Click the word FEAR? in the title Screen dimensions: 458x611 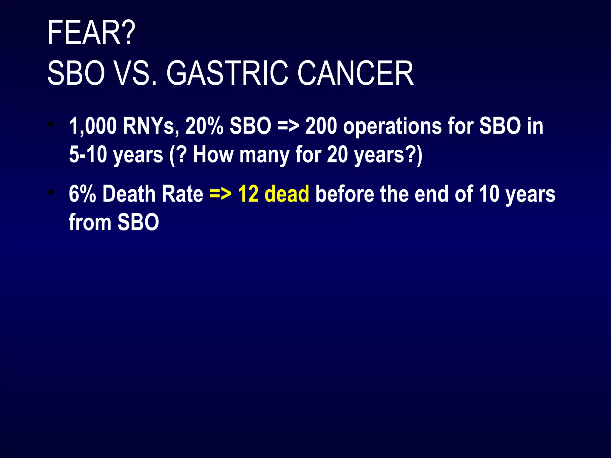coord(91,33)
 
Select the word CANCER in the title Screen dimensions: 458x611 coord(356,73)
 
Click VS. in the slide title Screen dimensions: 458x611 coord(135,73)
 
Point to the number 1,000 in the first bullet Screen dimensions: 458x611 coord(93,126)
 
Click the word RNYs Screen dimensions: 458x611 coord(151,126)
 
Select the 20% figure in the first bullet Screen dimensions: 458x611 coord(204,126)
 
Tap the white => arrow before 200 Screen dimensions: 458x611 coord(288,126)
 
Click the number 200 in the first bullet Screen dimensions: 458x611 coord(321,126)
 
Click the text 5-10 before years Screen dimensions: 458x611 coord(88,155)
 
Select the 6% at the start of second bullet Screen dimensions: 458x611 coord(82,194)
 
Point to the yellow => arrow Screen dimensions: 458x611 coord(220,194)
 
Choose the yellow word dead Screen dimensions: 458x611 coord(287,194)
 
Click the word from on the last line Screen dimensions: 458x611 coord(90,222)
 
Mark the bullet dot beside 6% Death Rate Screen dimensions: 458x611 coord(52,193)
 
